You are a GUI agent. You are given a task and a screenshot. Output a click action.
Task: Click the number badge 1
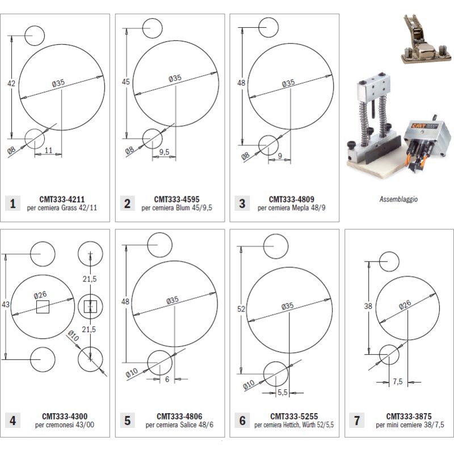(12, 203)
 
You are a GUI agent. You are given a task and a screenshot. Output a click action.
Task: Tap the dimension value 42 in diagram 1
(11, 84)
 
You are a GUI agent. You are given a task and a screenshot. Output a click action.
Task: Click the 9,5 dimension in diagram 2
(165, 152)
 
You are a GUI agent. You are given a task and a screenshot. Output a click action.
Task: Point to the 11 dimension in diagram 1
(49, 151)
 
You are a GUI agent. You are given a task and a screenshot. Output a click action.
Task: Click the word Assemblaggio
(398, 200)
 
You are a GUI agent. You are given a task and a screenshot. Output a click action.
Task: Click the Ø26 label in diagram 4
(40, 295)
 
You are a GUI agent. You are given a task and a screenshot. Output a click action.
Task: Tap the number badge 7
(356, 421)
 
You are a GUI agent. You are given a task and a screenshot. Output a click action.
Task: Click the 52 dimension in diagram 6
(241, 309)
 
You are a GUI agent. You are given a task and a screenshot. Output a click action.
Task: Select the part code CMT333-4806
(179, 416)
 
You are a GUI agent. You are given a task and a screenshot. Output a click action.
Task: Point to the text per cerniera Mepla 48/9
(291, 208)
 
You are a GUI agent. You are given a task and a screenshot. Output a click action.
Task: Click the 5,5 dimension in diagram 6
(283, 392)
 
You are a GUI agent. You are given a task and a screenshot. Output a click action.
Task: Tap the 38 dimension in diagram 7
(368, 306)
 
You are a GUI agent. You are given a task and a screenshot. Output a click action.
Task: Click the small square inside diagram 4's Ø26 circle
(43, 307)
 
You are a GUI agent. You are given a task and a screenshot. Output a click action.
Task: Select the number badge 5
(127, 421)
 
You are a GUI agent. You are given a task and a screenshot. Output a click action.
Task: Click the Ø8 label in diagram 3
(245, 155)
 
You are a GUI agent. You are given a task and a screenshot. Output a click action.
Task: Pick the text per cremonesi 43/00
(64, 424)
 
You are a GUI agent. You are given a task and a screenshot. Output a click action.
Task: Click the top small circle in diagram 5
(159, 245)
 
